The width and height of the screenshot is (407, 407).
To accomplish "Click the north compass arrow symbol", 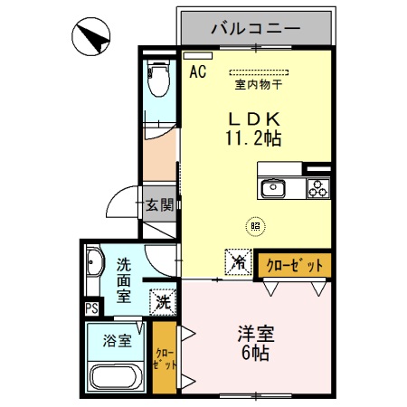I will [x=93, y=38].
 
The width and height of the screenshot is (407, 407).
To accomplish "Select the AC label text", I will [x=198, y=72].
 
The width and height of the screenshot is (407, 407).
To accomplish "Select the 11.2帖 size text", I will [x=252, y=138].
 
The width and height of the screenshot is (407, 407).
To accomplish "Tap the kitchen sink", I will [x=273, y=188].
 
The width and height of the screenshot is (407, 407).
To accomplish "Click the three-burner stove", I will [x=317, y=188].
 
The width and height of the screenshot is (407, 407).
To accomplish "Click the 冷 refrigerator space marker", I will [x=238, y=262].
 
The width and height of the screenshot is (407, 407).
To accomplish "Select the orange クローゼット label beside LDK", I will [x=294, y=264].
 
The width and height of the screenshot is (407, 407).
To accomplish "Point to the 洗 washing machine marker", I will [x=163, y=300].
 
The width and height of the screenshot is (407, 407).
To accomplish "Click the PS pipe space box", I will [x=91, y=308].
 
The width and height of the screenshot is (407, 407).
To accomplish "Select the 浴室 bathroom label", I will [x=117, y=341].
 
